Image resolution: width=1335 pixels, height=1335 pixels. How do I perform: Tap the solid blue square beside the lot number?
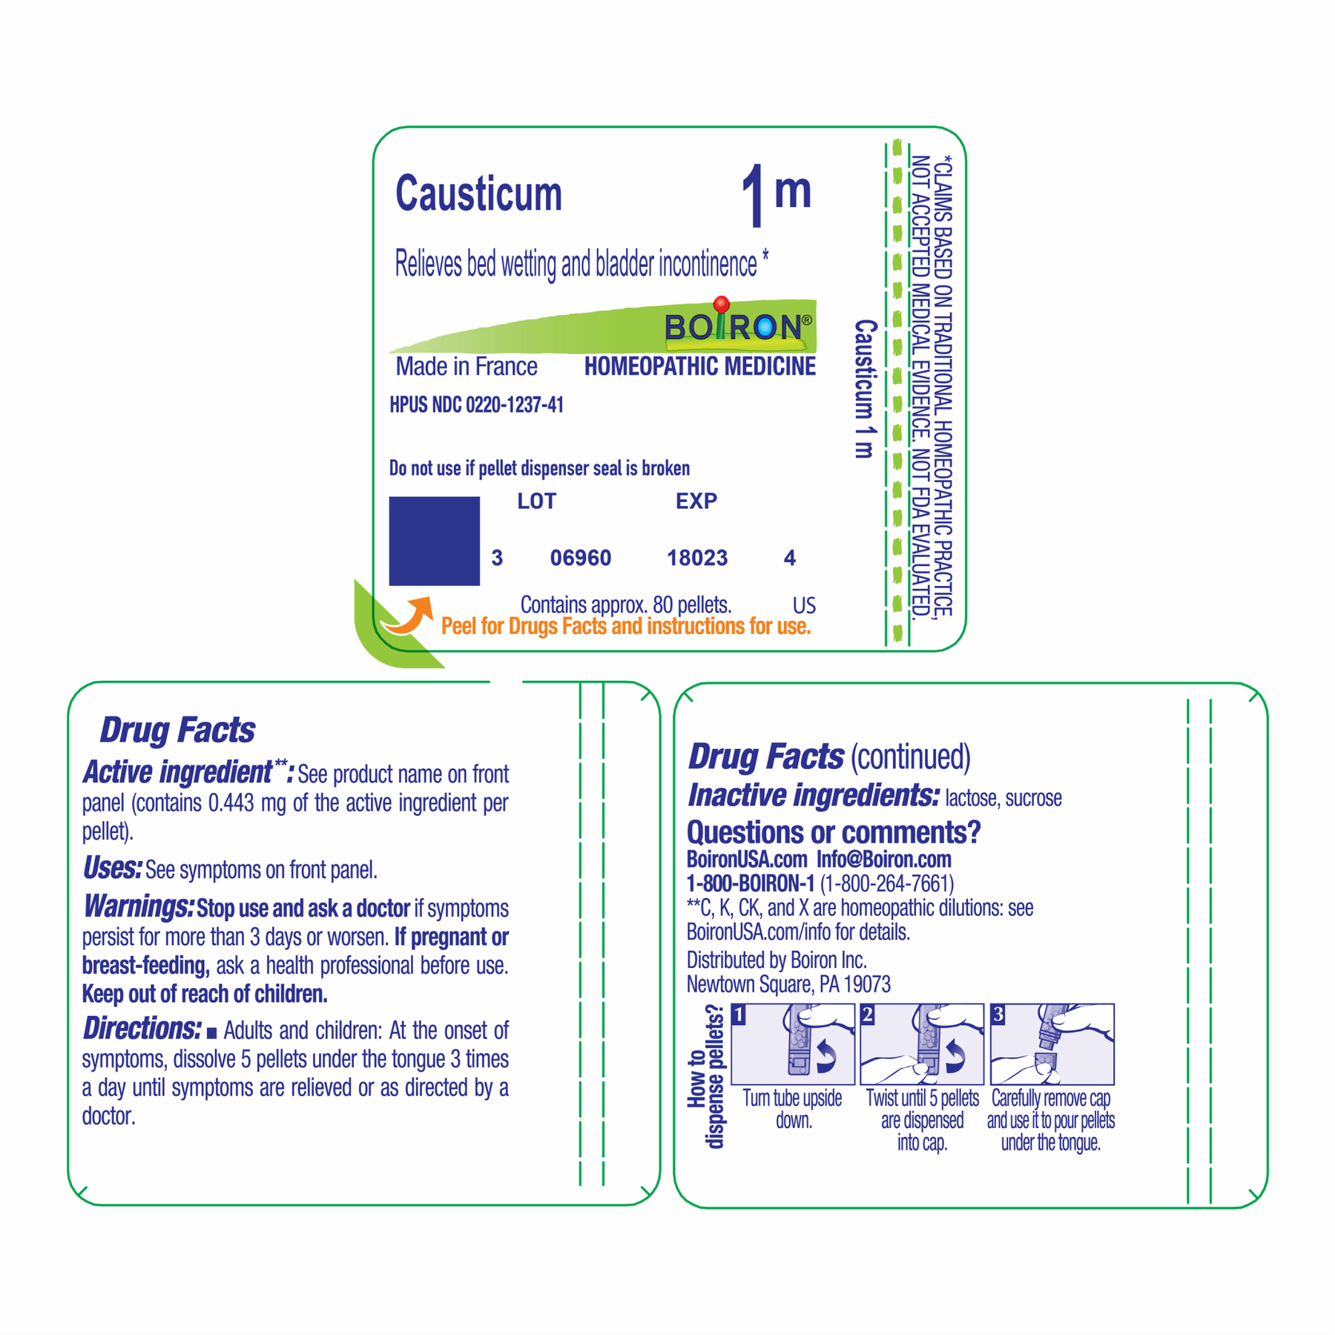point(435,541)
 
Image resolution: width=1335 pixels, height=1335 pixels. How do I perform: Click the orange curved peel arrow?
point(408,616)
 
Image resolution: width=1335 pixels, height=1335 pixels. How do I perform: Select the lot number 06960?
point(581,558)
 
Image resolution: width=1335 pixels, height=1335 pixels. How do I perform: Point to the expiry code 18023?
point(697,558)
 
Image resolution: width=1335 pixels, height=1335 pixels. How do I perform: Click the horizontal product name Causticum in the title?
point(479,194)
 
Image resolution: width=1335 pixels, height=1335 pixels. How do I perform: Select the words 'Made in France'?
point(467,366)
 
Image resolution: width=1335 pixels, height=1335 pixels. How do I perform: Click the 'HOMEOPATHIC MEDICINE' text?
point(700,366)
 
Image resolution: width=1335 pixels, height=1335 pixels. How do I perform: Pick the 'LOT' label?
point(537,501)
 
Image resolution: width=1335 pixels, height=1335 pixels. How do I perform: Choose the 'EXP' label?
point(696,501)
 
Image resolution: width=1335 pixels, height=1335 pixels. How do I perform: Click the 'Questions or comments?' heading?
point(834,832)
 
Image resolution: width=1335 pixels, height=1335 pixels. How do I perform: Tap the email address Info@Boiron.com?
point(884,860)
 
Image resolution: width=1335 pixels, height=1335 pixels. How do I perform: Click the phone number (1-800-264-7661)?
point(887,883)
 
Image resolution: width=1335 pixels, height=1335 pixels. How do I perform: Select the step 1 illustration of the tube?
point(793,1044)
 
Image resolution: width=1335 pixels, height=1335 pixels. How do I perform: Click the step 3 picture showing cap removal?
point(1052,1044)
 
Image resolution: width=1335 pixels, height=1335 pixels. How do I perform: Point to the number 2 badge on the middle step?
point(868,1015)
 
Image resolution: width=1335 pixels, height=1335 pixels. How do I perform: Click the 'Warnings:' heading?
point(138,906)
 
